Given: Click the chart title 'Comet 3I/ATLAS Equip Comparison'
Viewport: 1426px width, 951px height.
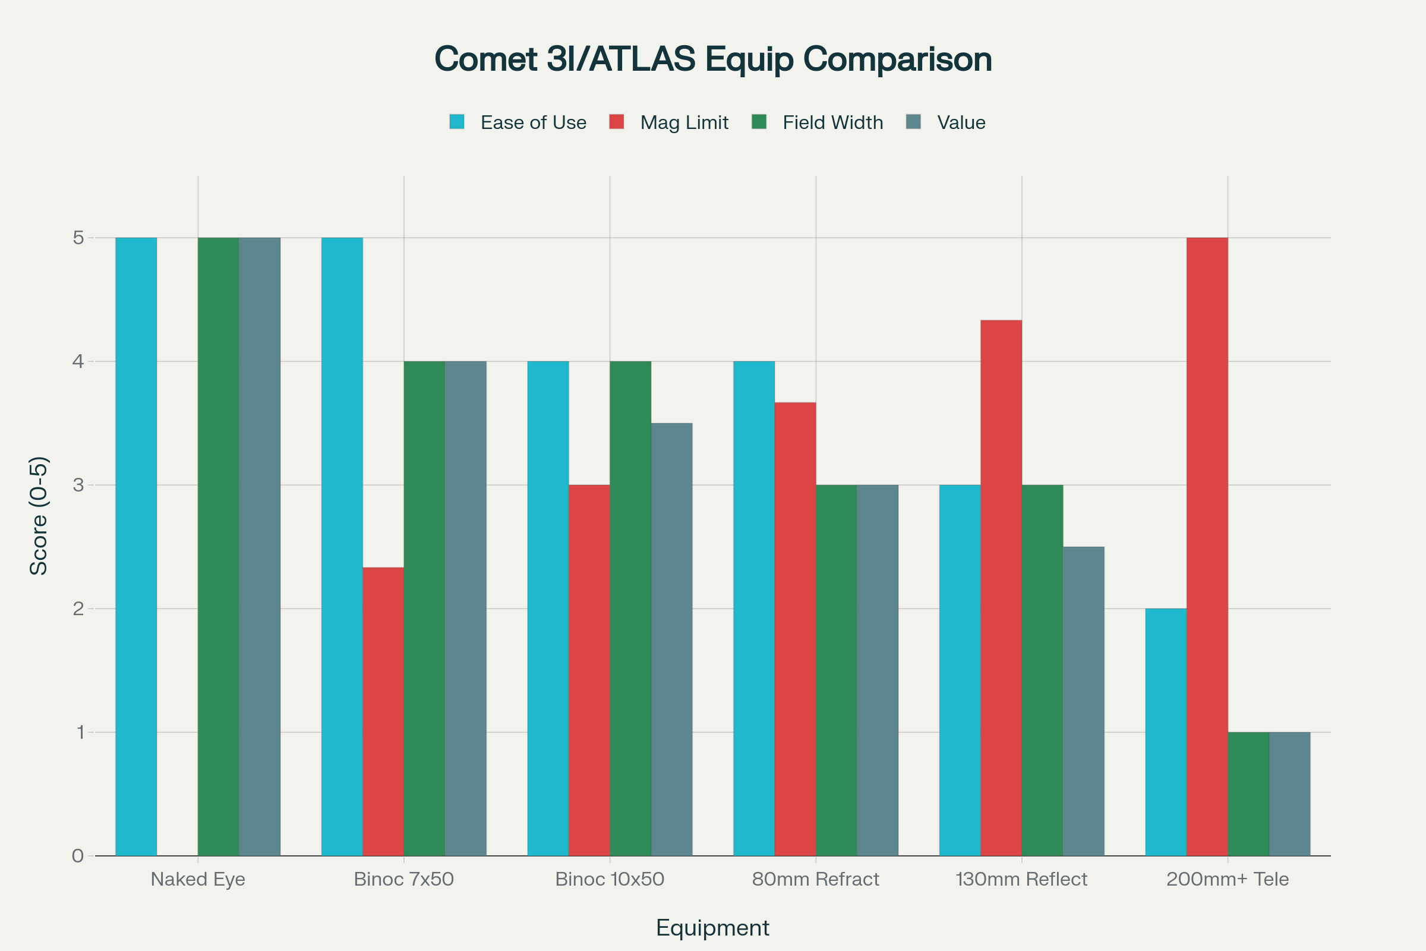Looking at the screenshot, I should (713, 59).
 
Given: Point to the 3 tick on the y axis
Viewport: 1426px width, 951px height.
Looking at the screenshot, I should (78, 485).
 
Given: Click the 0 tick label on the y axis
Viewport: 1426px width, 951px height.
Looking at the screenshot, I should (78, 856).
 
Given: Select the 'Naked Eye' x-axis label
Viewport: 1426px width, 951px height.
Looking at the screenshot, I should (198, 879).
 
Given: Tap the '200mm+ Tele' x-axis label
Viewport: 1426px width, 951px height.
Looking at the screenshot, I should (1227, 879).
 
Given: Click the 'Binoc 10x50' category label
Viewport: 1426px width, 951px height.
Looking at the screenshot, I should (610, 879).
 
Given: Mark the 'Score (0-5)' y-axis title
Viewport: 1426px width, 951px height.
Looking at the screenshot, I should (39, 515).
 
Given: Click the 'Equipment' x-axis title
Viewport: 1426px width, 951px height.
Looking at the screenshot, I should (712, 928).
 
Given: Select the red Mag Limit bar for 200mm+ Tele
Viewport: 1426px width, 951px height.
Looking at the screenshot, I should (1207, 546).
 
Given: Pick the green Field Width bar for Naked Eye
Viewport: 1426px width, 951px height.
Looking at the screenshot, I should (218, 546).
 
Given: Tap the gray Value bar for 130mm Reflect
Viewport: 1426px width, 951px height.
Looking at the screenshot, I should (1083, 701).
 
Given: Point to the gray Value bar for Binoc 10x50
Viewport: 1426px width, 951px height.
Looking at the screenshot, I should (672, 640).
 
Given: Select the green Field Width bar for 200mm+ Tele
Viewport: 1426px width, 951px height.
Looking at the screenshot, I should (1248, 794).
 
